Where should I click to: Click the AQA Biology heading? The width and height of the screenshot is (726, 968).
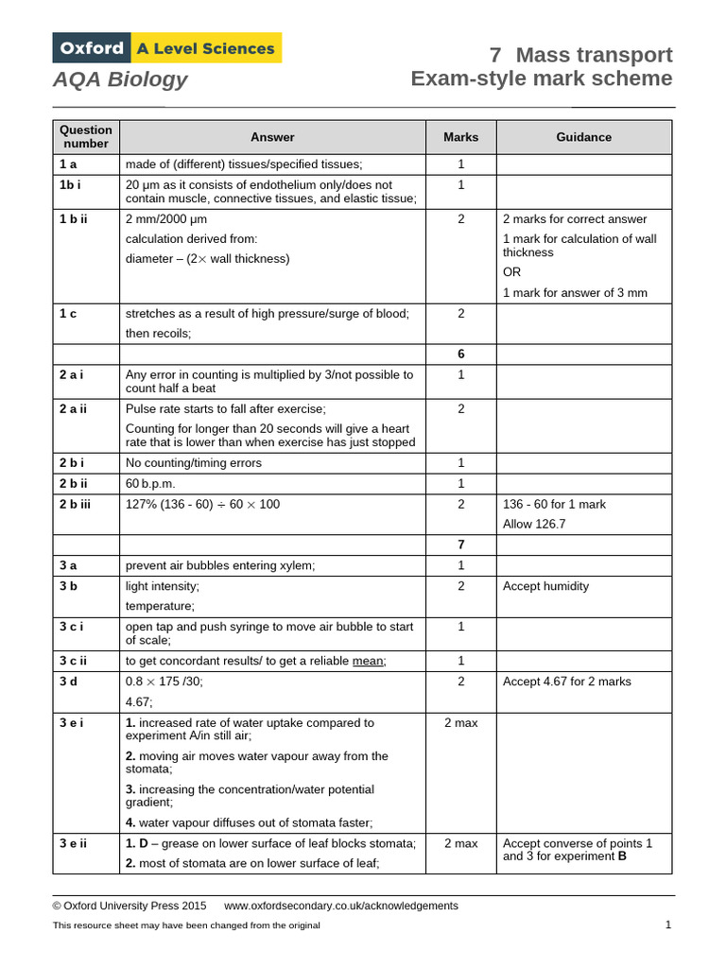[120, 79]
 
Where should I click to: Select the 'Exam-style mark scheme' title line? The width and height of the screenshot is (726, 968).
[541, 78]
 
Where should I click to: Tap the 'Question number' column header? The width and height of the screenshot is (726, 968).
[86, 137]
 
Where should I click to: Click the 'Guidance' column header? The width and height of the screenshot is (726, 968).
[583, 137]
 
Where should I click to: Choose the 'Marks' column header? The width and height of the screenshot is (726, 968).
[461, 137]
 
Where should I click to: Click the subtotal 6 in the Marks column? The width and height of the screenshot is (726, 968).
[461, 354]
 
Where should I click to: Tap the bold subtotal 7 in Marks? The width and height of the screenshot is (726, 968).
[461, 545]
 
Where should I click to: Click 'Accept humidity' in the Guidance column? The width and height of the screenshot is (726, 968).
[545, 586]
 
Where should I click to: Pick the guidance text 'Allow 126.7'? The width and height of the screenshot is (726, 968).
[534, 524]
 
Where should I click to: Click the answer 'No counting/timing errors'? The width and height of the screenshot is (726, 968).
[194, 463]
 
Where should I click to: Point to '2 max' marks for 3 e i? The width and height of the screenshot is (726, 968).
[461, 722]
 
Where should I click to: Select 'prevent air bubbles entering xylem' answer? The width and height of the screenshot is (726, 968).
[220, 565]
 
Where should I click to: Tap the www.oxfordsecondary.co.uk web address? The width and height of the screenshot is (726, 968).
[341, 906]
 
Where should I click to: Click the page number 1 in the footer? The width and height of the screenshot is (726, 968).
[667, 925]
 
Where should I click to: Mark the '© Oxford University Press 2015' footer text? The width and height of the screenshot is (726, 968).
[130, 906]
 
